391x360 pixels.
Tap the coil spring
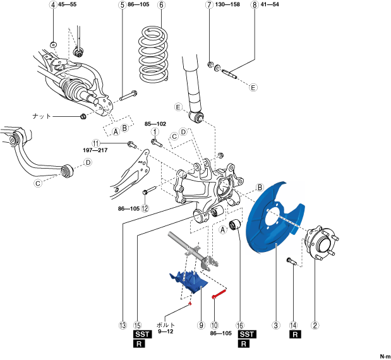pos(155,54)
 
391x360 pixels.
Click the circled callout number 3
pos(275,326)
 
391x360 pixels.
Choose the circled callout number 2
pos(315,326)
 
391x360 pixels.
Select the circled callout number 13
pos(124,326)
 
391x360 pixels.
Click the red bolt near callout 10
pos(219,292)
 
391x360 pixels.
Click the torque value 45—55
pos(68,5)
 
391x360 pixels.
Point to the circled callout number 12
pos(145,208)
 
